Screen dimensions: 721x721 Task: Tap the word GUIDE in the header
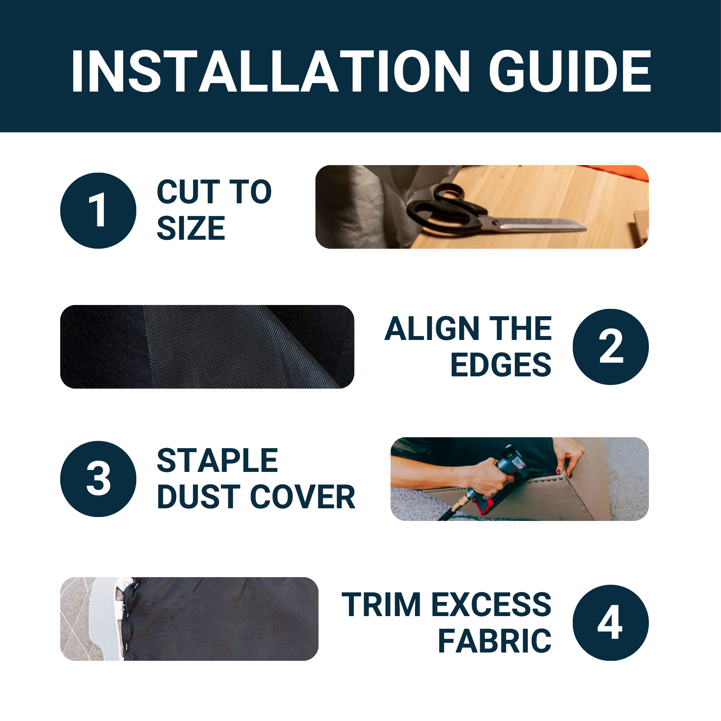(x=570, y=71)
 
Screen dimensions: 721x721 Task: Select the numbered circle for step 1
(x=98, y=211)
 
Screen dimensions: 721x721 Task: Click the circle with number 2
(x=611, y=347)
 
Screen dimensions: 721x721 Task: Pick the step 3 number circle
(x=98, y=479)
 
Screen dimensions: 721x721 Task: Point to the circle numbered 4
(x=611, y=623)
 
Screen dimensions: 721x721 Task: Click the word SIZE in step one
(x=191, y=228)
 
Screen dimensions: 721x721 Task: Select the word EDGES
(x=501, y=365)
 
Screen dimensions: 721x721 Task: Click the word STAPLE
(x=217, y=460)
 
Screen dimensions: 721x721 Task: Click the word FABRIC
(x=495, y=641)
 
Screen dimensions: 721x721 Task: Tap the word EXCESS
(x=491, y=605)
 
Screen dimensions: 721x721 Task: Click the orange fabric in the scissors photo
(x=616, y=172)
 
